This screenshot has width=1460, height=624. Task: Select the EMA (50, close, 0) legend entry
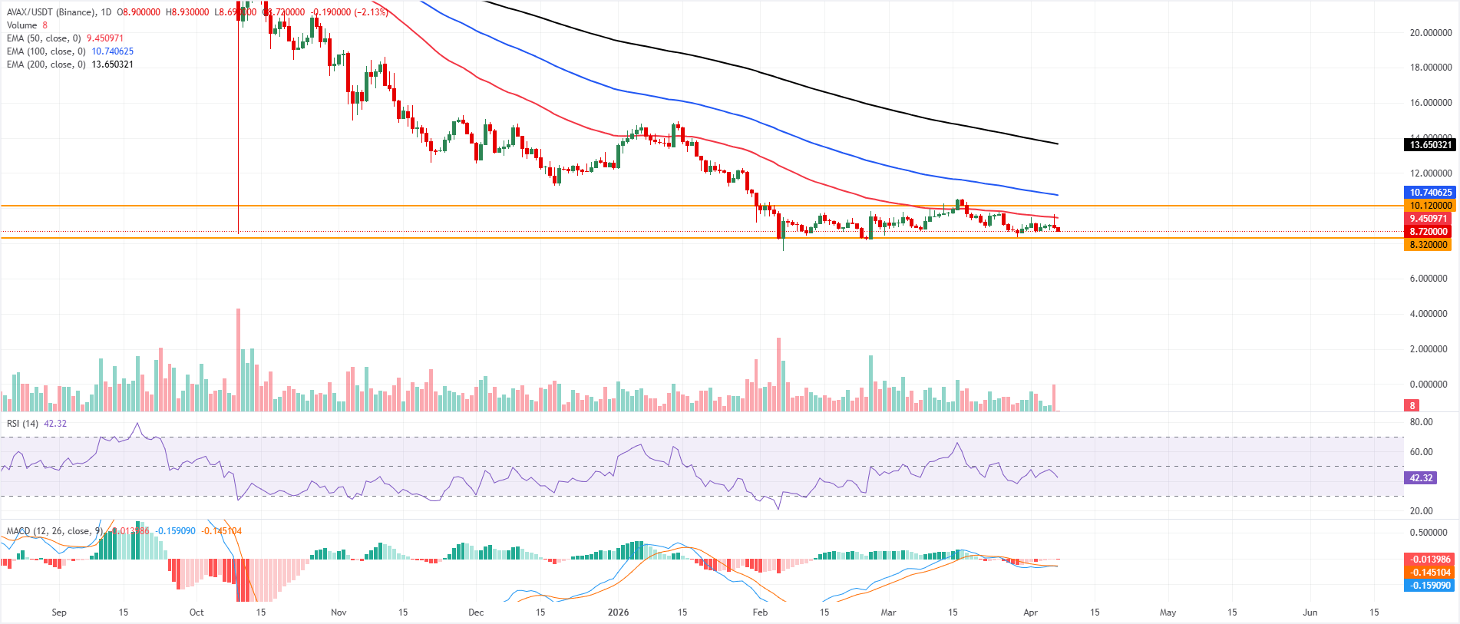(x=43, y=38)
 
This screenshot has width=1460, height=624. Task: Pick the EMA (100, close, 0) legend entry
(x=45, y=51)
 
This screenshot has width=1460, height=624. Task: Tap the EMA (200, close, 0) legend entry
(x=45, y=64)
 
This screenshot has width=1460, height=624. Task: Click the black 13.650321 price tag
(x=1430, y=145)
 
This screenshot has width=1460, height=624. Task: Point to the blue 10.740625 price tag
(x=1430, y=193)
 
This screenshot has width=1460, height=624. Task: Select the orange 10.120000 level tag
(x=1430, y=206)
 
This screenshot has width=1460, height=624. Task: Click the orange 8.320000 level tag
(x=1429, y=245)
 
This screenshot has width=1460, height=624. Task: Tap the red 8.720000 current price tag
(x=1429, y=232)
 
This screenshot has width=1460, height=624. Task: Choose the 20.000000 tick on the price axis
(x=1430, y=33)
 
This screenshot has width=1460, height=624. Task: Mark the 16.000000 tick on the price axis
(x=1430, y=103)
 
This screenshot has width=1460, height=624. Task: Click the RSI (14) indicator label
(x=22, y=424)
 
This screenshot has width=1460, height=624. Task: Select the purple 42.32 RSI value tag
(x=1421, y=478)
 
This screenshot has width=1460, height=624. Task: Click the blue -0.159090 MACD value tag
(x=1429, y=586)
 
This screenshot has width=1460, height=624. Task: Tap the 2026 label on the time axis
(x=618, y=612)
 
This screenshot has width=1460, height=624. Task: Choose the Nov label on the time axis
(x=339, y=612)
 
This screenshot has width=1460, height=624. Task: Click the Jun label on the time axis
(x=1310, y=612)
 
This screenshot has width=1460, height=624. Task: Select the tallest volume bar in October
(x=239, y=360)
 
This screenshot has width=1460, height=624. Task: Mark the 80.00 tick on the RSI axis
(x=1421, y=422)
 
